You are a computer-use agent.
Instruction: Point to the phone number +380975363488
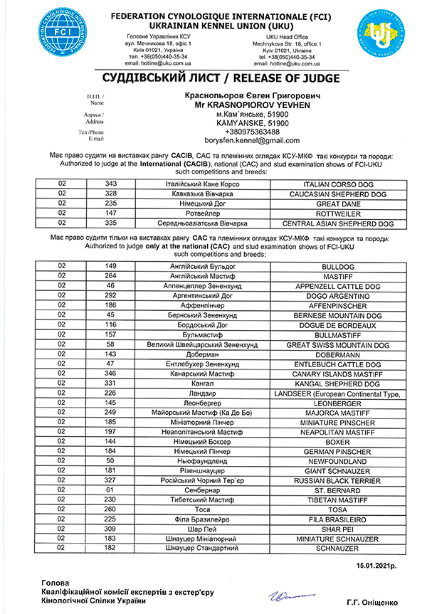[x=248, y=132]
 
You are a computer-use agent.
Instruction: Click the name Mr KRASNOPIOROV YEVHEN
[x=248, y=104]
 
